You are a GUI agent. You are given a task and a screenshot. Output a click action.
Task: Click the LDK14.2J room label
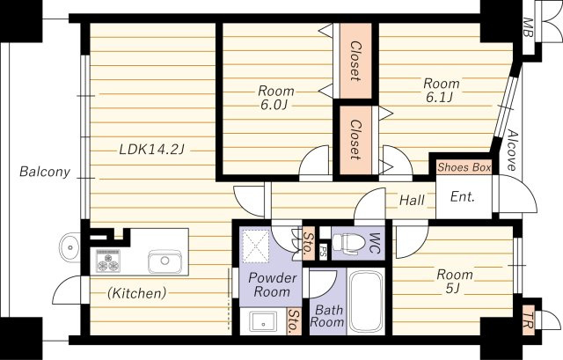[x=151, y=150]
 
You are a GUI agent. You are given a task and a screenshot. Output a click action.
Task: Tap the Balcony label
[x=45, y=173]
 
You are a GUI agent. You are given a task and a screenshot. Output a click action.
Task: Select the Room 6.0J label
[x=275, y=98]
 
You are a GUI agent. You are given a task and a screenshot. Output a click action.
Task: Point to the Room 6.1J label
[x=442, y=91]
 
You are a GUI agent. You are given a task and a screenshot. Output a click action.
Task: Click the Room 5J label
[x=455, y=282]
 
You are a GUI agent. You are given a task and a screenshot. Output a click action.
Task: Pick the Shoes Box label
[x=464, y=167]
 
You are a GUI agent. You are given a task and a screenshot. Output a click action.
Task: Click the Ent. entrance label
[x=463, y=197]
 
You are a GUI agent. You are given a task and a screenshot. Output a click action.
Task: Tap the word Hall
[x=413, y=200]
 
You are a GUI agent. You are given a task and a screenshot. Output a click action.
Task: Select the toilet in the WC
[x=345, y=244]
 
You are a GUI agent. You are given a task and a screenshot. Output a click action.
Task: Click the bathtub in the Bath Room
[x=366, y=302]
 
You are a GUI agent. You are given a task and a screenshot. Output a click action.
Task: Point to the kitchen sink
[x=165, y=261]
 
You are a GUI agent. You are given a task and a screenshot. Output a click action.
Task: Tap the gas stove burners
[x=108, y=261]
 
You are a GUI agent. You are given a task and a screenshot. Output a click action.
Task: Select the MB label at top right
[x=528, y=27]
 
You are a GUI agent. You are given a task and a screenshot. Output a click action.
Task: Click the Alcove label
[x=512, y=150]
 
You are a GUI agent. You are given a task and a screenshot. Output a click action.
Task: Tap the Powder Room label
[x=272, y=284]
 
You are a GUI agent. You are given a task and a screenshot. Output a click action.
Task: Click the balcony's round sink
[x=69, y=247]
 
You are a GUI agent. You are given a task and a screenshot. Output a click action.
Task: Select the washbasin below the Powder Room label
[x=264, y=321]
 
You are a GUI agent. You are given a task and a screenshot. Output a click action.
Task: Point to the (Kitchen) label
[x=137, y=293]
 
